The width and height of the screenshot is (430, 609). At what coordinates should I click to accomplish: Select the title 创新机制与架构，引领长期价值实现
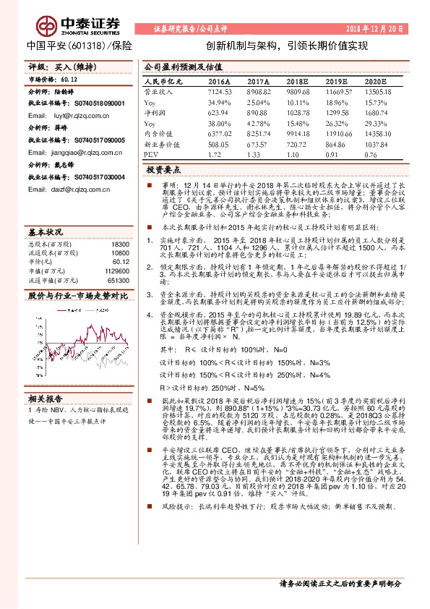292,45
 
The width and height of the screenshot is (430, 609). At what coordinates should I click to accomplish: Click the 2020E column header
381,82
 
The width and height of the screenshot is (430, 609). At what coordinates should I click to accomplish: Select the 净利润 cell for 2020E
381,114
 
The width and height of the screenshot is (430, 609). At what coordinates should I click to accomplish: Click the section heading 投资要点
163,170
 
